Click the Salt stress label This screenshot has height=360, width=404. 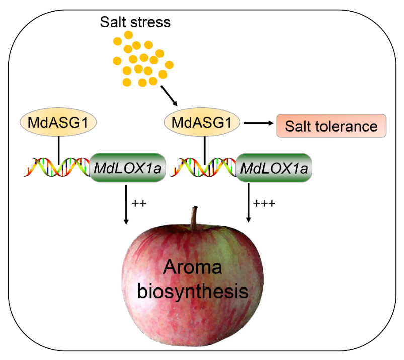coord(135,23)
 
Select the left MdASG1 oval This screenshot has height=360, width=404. coord(59,123)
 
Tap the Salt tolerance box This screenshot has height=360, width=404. coord(331,126)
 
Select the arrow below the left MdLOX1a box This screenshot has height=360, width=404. coord(126,204)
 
